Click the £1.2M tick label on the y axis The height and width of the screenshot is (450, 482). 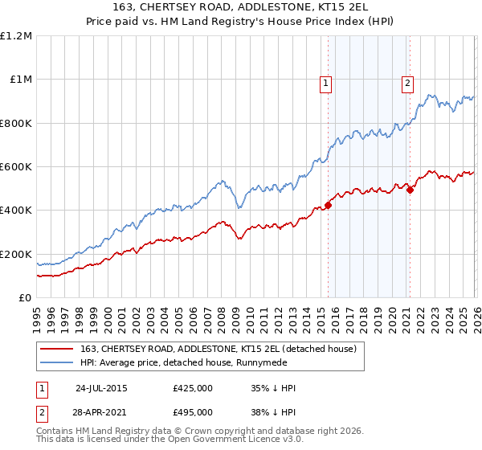[16, 36]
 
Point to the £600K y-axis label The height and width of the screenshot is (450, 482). [16, 167]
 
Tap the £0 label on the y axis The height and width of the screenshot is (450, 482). [25, 298]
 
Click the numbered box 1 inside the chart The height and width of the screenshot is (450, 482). [326, 81]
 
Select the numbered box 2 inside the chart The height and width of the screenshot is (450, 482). [408, 81]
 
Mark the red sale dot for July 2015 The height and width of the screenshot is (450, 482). [329, 205]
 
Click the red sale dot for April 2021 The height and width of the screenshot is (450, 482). [410, 190]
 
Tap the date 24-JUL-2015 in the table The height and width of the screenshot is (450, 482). [101, 388]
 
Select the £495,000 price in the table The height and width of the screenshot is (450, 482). [192, 415]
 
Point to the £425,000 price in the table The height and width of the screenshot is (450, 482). [192, 388]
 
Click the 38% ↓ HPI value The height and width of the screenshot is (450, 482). [273, 415]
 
